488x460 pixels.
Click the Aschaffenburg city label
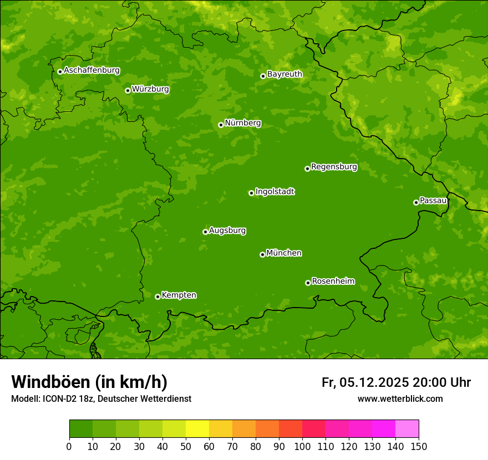coord(91,70)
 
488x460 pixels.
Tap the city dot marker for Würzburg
coord(128,90)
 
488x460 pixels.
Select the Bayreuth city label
coord(284,74)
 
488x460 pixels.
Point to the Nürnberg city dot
coord(221,125)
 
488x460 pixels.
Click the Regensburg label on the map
coord(334,166)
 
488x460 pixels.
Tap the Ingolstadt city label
coord(274,191)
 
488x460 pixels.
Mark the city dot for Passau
coord(416,202)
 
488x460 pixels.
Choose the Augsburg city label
coord(227,230)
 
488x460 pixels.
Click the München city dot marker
coord(262,254)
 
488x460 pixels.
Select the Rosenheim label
coord(333,281)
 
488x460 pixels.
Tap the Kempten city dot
coord(157,297)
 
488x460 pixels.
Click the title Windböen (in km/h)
coord(89,382)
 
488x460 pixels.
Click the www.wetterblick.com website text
coord(400,398)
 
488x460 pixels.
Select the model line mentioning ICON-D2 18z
coord(101,398)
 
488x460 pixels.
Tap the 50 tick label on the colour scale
coord(186,446)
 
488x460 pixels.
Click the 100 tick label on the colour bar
coord(302,446)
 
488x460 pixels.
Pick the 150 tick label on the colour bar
coord(419,446)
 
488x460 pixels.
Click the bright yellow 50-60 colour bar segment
coord(197,429)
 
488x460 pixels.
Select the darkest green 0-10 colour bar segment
coord(81,429)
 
